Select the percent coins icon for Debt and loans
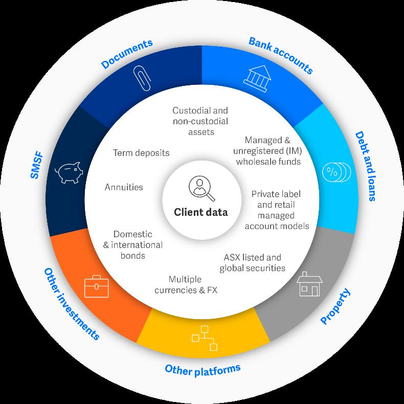336,172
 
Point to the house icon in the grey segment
309,285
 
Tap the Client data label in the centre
201,212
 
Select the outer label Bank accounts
280,55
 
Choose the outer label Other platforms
203,368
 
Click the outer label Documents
127,54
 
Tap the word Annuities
124,187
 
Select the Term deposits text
141,152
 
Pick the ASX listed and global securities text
252,262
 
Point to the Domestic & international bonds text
132,244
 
